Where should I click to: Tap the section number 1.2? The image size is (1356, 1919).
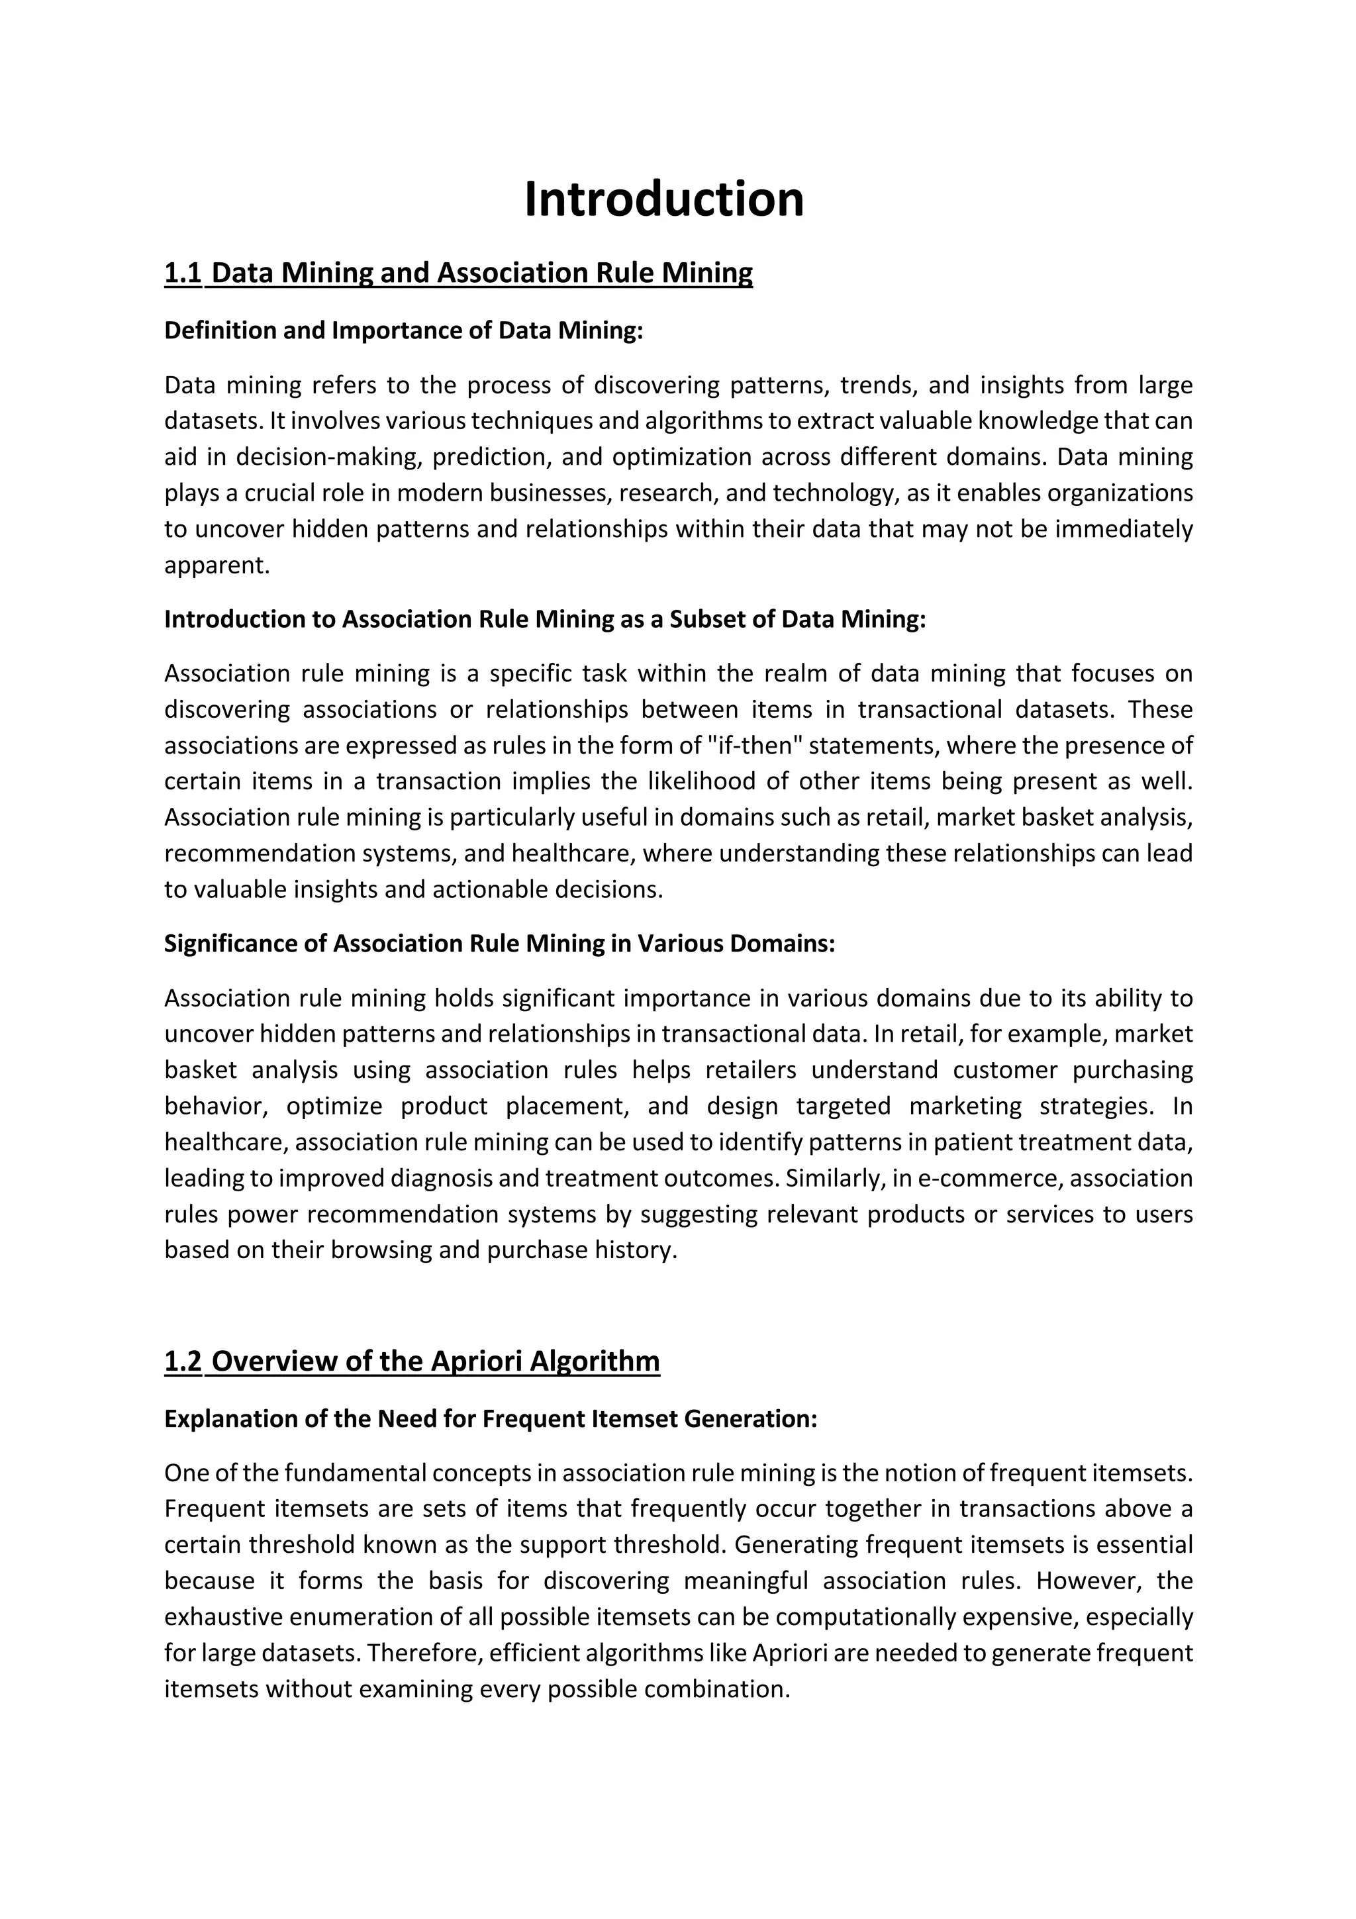click(x=183, y=1361)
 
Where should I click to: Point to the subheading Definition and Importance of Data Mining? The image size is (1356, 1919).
click(x=403, y=331)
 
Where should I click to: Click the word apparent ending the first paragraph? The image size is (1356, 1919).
click(x=216, y=566)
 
